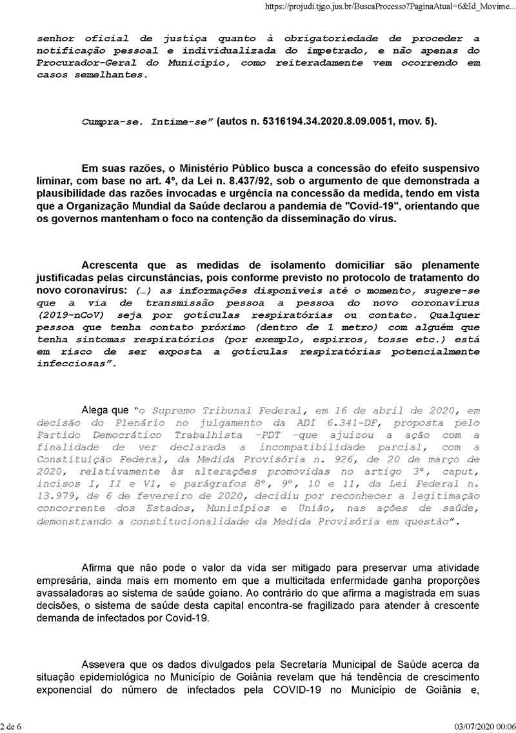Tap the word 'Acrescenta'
pyautogui.click(x=113, y=265)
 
